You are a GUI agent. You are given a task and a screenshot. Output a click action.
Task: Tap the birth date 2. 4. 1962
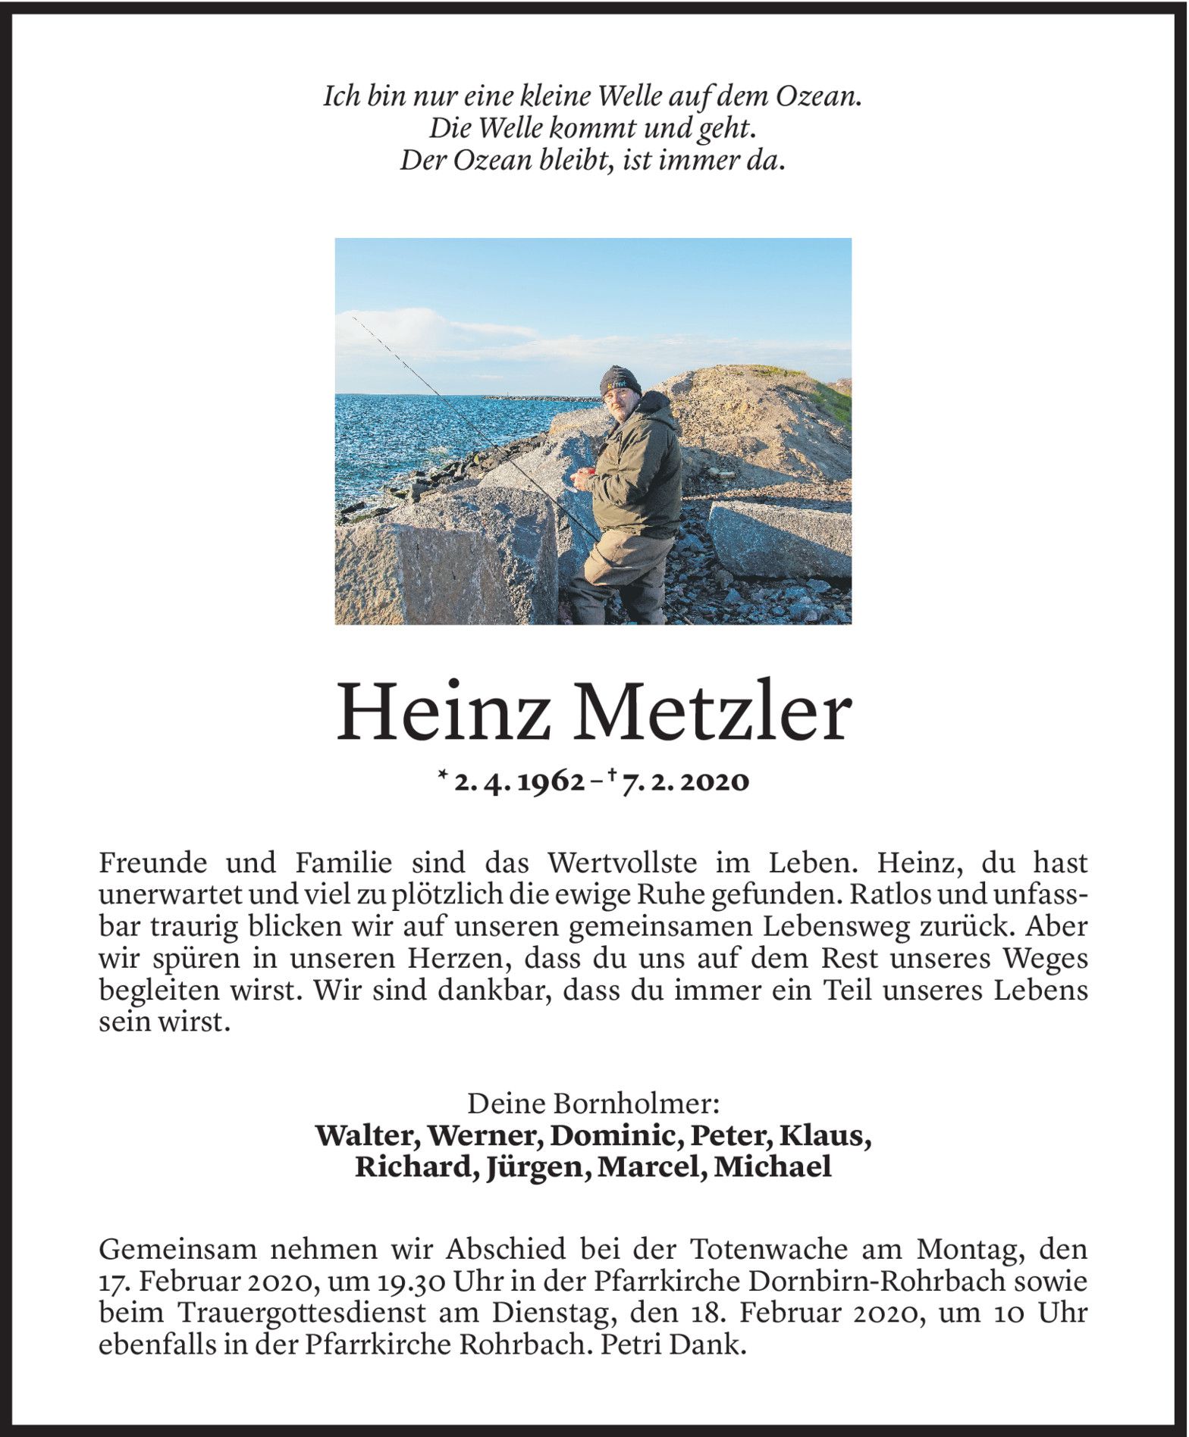pos(519,781)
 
